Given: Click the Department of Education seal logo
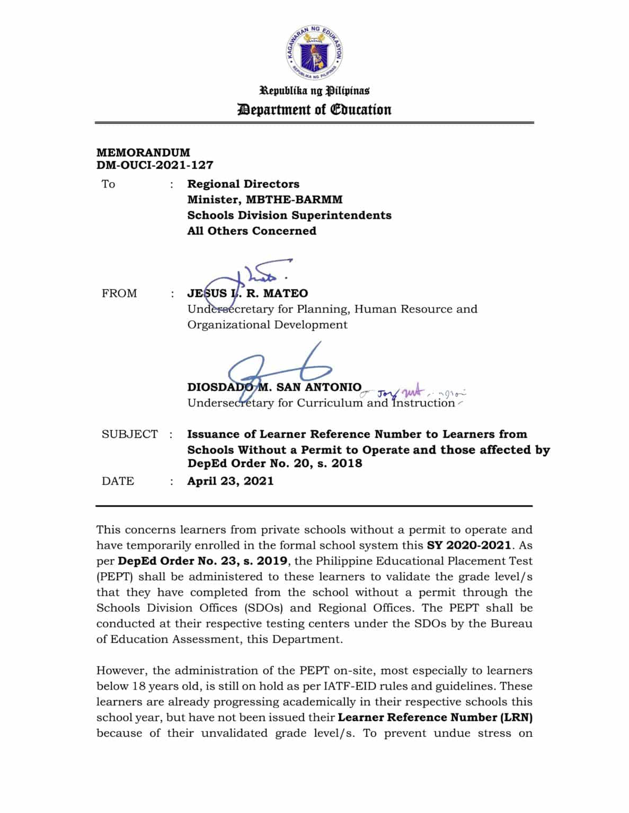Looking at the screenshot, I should pos(314,51).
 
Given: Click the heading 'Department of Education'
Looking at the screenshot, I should pos(314,110).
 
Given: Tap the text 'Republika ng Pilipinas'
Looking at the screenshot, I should pos(314,91).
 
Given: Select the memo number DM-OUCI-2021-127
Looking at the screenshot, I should pos(155,165).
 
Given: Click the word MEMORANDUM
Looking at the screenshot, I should pos(143,152).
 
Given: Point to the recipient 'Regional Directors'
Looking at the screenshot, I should pos(243,184).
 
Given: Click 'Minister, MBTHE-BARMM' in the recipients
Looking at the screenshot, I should pos(264,200).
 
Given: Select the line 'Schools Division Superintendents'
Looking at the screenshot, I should pos(289,215).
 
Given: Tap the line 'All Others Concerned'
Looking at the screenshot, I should pos(251,231).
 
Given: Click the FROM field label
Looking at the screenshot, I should pos(119,294).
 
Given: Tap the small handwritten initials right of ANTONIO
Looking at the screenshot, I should pos(413,393).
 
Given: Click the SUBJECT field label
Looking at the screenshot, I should pos(129,435).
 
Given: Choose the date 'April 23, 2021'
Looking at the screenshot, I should pos(230,481).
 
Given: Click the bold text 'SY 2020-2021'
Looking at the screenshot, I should pos(469,545).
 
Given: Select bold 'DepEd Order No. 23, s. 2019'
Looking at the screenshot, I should pos(203,561).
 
